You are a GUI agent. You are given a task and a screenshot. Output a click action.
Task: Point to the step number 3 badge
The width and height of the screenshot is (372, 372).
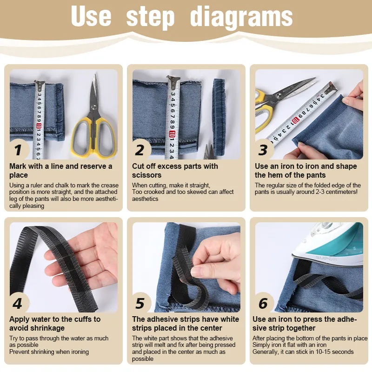click(263, 150)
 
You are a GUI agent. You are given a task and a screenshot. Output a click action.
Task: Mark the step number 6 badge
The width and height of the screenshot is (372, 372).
click(263, 304)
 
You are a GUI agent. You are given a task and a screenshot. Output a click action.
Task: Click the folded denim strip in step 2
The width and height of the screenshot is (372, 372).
click(219, 112)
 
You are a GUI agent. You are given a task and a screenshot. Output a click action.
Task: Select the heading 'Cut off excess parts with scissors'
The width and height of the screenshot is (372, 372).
click(175, 171)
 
